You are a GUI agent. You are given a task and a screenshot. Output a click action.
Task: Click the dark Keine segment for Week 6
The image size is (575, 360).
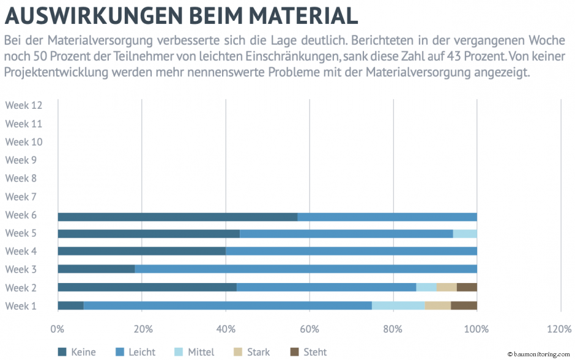click(x=177, y=216)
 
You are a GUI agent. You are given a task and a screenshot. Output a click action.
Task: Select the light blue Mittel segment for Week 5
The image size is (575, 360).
click(x=465, y=233)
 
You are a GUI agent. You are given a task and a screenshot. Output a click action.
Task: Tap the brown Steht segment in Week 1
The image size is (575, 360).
click(x=464, y=306)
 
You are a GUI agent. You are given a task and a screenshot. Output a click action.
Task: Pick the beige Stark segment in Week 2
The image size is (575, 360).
click(x=447, y=287)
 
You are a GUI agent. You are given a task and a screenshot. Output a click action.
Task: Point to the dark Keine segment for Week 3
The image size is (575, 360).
click(x=96, y=269)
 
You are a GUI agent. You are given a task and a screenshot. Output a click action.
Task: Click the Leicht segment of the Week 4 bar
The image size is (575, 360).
click(x=351, y=251)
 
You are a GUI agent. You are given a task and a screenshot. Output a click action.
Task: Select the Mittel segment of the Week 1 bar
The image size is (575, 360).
click(x=398, y=306)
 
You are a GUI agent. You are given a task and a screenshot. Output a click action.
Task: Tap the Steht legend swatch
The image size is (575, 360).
click(x=294, y=352)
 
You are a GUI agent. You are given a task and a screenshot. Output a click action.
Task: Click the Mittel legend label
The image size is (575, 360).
click(x=201, y=352)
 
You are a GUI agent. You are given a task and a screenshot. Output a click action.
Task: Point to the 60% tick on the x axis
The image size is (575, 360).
click(x=310, y=329)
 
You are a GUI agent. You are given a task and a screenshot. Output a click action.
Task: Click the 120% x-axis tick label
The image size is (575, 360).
click(x=559, y=329)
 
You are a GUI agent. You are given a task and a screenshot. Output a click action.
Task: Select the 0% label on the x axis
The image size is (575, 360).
click(x=57, y=329)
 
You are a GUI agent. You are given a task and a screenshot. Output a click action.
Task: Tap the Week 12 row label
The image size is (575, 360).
click(x=24, y=105)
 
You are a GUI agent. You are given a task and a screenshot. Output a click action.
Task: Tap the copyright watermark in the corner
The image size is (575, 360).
click(x=538, y=354)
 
